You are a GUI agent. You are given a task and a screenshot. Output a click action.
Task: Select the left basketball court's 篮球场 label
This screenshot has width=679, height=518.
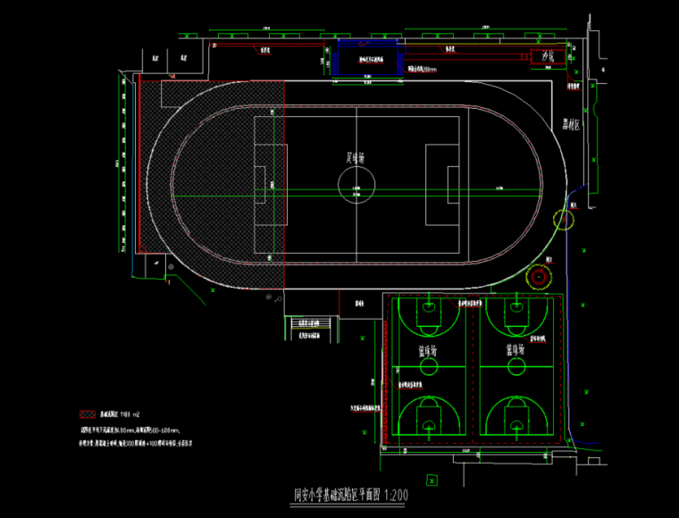pyautogui.click(x=427, y=351)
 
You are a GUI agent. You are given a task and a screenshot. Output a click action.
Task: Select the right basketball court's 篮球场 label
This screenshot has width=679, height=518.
pyautogui.click(x=514, y=351)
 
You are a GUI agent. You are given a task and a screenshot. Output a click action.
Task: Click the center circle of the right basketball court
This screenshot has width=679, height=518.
pyautogui.click(x=514, y=366)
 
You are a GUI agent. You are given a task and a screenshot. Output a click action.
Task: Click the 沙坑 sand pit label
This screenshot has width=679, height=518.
pyautogui.click(x=549, y=56)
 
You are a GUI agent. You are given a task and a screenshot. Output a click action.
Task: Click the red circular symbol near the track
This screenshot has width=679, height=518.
pyautogui.click(x=538, y=277)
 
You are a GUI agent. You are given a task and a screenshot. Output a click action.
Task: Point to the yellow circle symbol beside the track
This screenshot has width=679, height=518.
pyautogui.click(x=565, y=218)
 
